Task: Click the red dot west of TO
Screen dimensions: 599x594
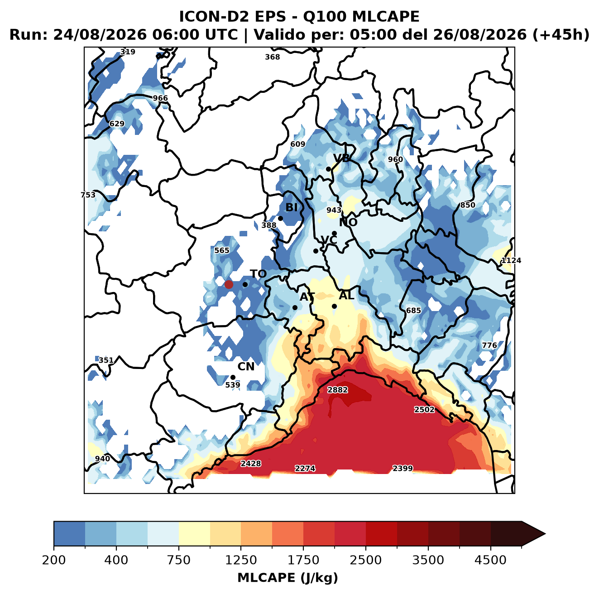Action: click(229, 284)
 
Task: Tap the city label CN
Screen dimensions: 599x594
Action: click(246, 367)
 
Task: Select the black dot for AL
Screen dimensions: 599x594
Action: click(334, 306)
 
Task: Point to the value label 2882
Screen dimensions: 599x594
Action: click(338, 390)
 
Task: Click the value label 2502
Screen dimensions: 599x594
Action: click(424, 410)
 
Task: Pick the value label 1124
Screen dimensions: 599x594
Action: click(511, 260)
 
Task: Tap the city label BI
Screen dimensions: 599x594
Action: click(292, 207)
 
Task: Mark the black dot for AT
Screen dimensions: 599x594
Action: click(295, 308)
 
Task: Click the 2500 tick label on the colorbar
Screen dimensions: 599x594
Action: click(365, 560)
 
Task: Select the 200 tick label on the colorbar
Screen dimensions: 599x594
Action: click(54, 560)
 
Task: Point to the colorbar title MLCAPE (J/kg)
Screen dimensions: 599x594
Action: click(288, 578)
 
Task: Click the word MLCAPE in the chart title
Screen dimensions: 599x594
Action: click(385, 16)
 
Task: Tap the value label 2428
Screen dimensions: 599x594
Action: click(251, 464)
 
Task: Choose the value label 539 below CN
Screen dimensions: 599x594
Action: click(233, 385)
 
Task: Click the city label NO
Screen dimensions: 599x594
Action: click(348, 223)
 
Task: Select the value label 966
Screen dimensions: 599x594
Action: click(160, 98)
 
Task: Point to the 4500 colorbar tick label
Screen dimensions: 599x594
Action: click(490, 560)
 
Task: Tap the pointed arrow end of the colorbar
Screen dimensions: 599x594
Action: click(545, 534)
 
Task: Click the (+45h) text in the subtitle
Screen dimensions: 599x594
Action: click(561, 35)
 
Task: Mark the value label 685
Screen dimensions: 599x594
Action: click(413, 311)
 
